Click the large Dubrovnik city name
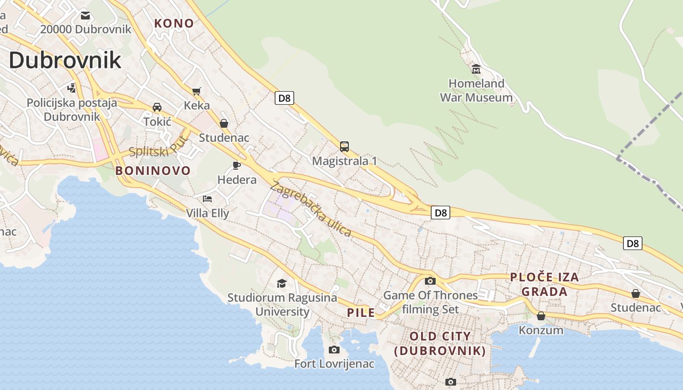point(65,60)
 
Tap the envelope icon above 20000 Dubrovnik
point(86,15)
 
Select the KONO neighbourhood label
point(174,23)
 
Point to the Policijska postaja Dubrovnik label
point(72,110)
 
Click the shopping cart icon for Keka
point(197,91)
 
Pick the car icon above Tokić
point(157,107)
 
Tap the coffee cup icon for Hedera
point(237,165)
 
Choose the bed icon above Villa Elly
point(207,199)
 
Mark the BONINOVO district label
point(153,171)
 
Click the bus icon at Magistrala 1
point(344,146)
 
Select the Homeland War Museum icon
point(476,69)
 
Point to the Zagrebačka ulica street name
point(310,209)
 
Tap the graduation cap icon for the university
point(281,283)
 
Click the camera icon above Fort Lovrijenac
point(334,350)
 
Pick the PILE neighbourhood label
point(361,313)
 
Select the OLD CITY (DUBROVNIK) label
point(440,343)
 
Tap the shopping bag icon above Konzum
point(541,316)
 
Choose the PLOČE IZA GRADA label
point(544,284)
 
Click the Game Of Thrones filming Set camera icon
point(430,281)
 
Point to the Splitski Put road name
point(159,148)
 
